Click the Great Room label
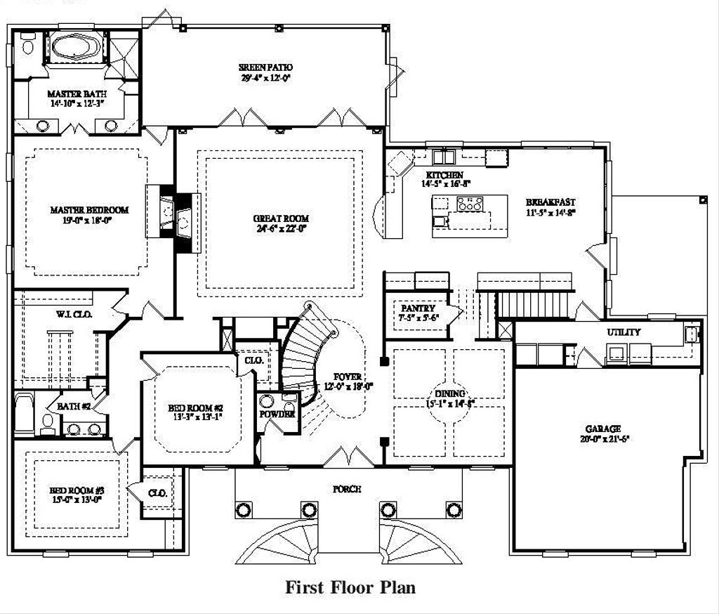point(281,218)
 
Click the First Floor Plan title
point(350,587)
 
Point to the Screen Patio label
point(265,67)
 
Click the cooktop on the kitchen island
point(469,204)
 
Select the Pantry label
point(418,308)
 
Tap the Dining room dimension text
point(450,404)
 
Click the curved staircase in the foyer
point(302,351)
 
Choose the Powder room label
point(277,414)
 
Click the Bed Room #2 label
point(195,408)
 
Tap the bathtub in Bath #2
point(23,414)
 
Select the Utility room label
point(624,332)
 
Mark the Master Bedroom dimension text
point(88,220)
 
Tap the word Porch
point(347,489)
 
